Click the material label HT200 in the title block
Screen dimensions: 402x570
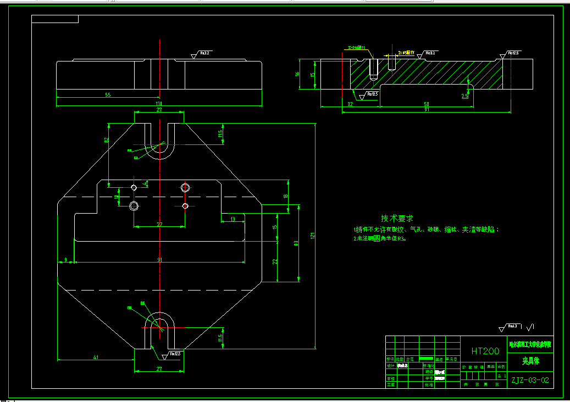485,351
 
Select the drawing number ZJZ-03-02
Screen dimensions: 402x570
529,379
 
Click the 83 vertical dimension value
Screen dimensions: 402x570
296,242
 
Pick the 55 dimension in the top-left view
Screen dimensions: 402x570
108,95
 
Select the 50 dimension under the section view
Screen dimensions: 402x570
426,104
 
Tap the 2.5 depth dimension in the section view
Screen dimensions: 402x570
464,96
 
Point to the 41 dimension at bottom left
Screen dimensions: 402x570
96,358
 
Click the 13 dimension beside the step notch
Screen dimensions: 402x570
233,219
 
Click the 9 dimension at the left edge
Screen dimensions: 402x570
65,259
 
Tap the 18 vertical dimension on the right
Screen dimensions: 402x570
285,196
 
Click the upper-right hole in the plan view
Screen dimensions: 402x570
186,187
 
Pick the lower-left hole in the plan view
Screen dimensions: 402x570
134,206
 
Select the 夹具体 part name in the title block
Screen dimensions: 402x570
530,361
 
